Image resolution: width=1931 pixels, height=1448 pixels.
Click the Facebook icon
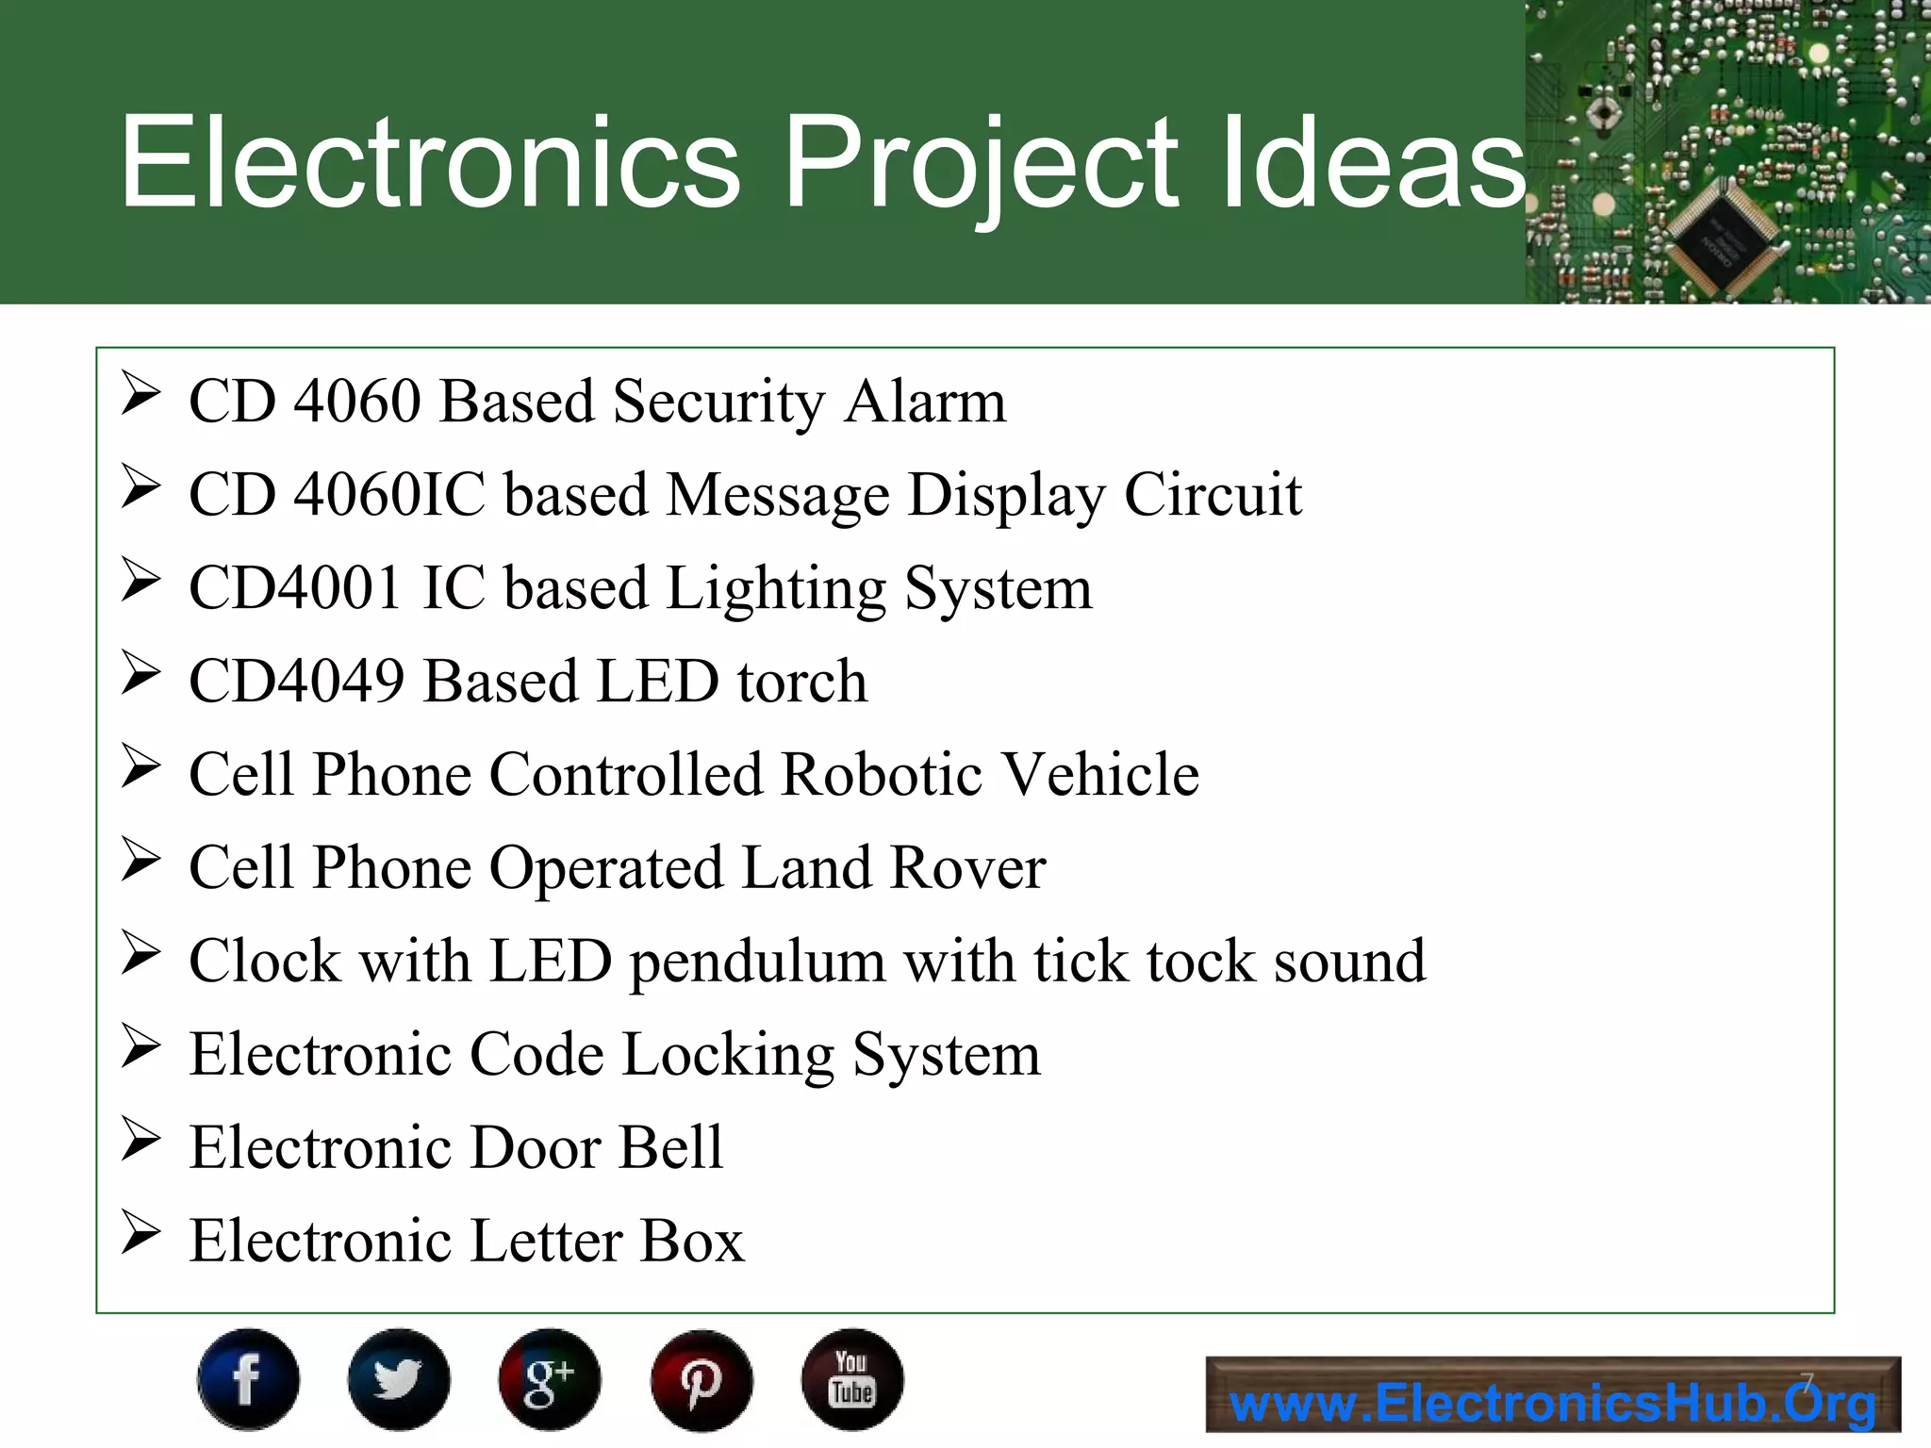(x=248, y=1379)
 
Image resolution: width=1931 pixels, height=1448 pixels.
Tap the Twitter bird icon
(x=399, y=1379)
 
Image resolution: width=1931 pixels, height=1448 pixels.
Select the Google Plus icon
(x=550, y=1379)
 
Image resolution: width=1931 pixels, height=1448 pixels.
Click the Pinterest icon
(x=701, y=1379)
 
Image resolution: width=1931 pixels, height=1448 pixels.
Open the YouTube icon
(x=852, y=1379)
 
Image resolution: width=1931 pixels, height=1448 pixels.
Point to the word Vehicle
(x=1098, y=775)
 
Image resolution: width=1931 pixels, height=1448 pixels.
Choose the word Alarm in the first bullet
(x=925, y=401)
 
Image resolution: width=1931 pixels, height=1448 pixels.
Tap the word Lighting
(x=776, y=590)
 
